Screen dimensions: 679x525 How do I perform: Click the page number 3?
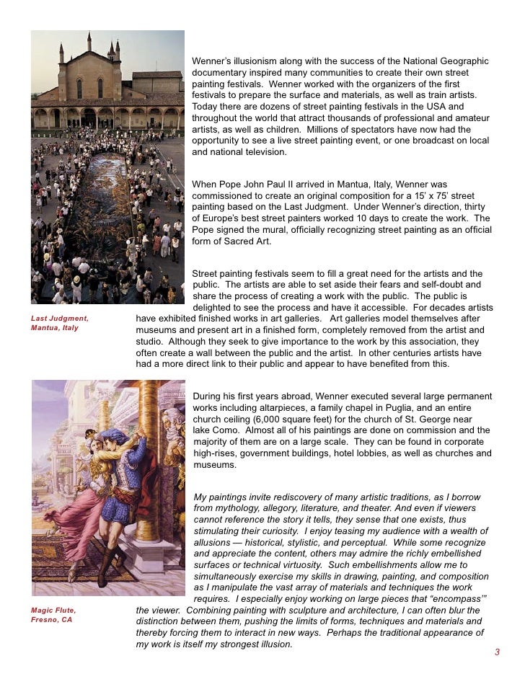point(497,652)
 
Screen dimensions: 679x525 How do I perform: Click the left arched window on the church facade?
point(79,88)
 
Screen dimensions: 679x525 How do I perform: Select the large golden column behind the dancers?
point(149,461)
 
